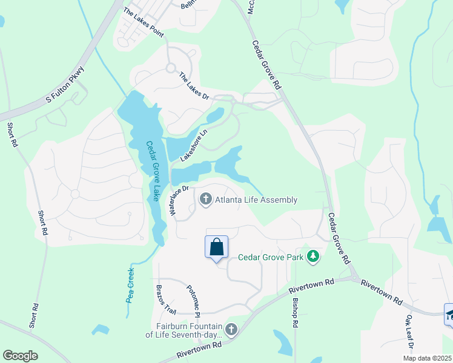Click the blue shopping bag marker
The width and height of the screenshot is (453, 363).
tap(217, 247)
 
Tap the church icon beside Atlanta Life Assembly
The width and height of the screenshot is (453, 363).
tap(205, 200)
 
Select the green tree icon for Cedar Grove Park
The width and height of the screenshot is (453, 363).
tap(313, 257)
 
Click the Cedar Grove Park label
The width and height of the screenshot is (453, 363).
tap(270, 257)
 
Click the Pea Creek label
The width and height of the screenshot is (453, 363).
tap(130, 285)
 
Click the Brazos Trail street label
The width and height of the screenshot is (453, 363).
tap(166, 299)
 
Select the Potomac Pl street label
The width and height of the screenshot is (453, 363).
tap(192, 300)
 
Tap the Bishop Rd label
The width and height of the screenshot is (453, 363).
tap(295, 313)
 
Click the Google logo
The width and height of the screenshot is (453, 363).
tap(20, 356)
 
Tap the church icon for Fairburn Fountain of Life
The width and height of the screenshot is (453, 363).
tap(231, 330)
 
